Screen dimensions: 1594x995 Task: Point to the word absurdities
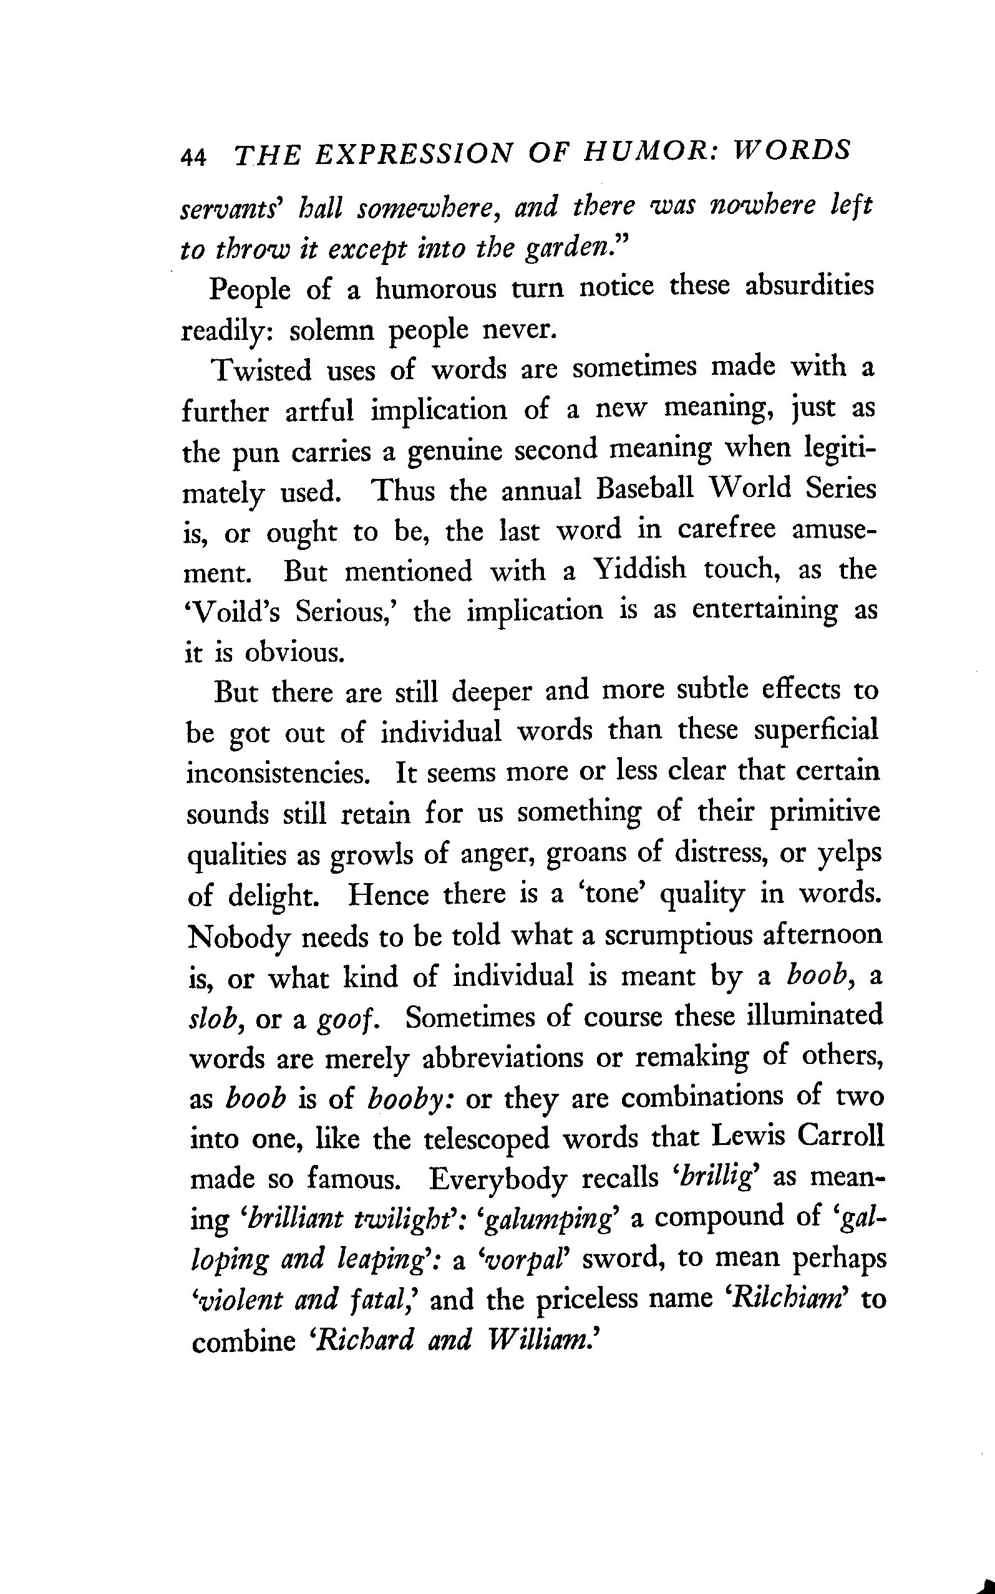(x=808, y=287)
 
